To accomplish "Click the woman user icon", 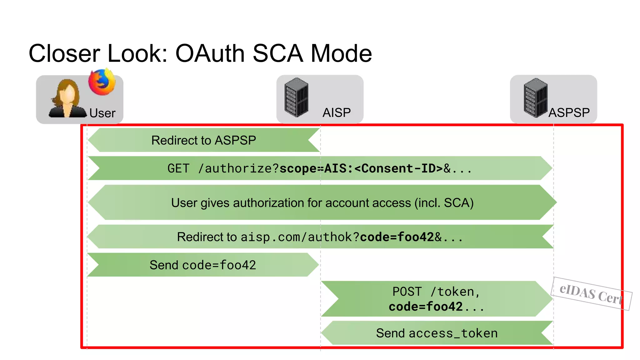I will pyautogui.click(x=67, y=99).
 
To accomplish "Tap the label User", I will pyautogui.click(x=102, y=113).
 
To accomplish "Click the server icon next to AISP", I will pyautogui.click(x=296, y=97).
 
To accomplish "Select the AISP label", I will pyautogui.click(x=337, y=112).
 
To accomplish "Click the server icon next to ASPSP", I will pyautogui.click(x=535, y=98).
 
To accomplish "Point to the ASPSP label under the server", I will pyautogui.click(x=569, y=112).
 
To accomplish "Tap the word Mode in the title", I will pyautogui.click(x=341, y=53).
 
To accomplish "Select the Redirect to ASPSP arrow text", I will pyautogui.click(x=203, y=140).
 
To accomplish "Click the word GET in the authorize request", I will pyautogui.click(x=178, y=168).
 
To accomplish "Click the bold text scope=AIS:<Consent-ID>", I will pyautogui.click(x=361, y=168).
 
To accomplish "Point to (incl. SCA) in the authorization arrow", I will pyautogui.click(x=444, y=203).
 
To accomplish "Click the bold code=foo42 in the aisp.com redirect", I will pyautogui.click(x=397, y=237).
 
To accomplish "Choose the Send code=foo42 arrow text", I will pyautogui.click(x=202, y=265).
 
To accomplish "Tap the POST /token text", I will pyautogui.click(x=436, y=292).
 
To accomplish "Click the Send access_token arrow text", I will pyautogui.click(x=437, y=333).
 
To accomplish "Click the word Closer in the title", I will pyautogui.click(x=64, y=53).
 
